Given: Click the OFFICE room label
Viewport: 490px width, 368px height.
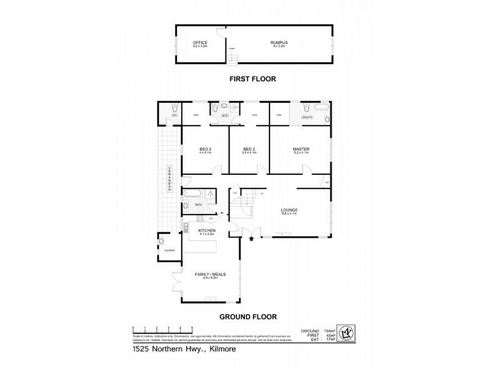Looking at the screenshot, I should click(x=200, y=42).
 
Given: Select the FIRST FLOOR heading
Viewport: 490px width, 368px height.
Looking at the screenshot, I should click(x=253, y=79).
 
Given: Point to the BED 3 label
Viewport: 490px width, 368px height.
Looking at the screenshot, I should click(x=205, y=149).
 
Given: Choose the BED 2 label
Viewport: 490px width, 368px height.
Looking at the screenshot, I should click(x=248, y=149).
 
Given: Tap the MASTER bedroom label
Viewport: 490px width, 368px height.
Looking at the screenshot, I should click(x=300, y=149).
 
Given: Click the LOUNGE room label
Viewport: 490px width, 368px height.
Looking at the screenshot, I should click(x=289, y=210).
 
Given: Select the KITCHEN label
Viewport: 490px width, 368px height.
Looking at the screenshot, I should click(x=205, y=230).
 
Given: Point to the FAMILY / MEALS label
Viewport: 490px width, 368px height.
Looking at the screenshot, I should click(x=206, y=274).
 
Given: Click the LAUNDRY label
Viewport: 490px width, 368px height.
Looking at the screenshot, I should click(x=169, y=250).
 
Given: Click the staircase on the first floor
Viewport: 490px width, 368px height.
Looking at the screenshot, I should click(x=232, y=57).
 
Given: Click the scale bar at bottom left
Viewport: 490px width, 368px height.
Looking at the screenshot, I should click(x=163, y=328).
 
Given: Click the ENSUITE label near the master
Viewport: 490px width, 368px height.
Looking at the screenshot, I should click(x=307, y=115).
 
